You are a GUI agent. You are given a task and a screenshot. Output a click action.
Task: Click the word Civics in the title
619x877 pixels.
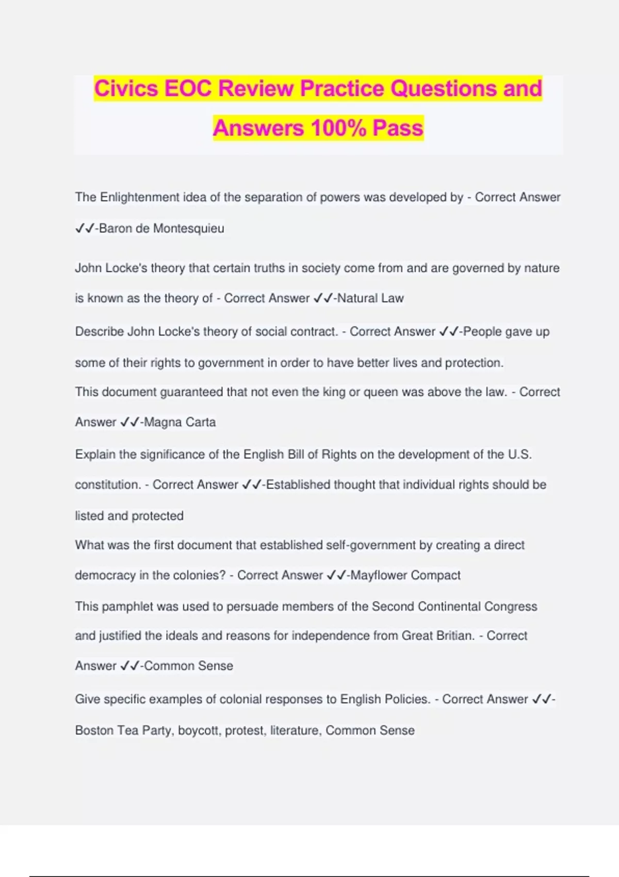(126, 88)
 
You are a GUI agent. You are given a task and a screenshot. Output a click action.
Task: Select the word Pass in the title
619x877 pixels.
(398, 128)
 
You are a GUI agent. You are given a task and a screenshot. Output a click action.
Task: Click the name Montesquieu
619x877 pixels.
(188, 229)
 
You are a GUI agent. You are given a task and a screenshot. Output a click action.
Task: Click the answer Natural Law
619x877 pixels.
(370, 298)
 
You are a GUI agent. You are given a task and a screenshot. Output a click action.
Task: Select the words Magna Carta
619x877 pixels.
(180, 422)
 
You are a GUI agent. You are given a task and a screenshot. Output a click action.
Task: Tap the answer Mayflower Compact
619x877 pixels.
(405, 575)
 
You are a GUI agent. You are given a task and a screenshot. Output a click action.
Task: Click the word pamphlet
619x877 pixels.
(127, 606)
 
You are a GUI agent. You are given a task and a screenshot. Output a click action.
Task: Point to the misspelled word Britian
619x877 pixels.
(452, 636)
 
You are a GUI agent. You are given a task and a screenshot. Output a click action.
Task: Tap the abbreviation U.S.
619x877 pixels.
(519, 454)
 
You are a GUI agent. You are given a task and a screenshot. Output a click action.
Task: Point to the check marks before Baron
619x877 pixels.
(85, 229)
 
